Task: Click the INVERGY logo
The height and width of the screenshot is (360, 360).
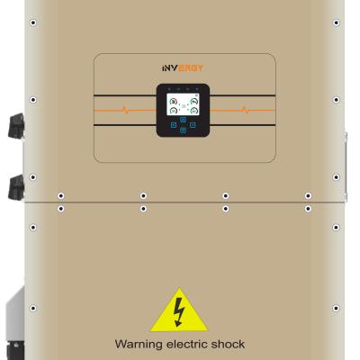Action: (x=183, y=68)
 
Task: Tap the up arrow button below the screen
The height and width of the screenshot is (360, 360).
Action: (x=183, y=120)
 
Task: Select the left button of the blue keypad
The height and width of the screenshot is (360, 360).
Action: (x=174, y=125)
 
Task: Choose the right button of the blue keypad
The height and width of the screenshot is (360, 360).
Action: (x=193, y=125)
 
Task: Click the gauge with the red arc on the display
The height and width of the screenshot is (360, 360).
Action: (x=174, y=102)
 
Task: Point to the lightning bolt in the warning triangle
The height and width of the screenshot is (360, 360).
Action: (x=179, y=312)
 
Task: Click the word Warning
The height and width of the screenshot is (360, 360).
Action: (x=139, y=344)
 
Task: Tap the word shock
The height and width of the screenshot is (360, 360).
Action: (x=228, y=344)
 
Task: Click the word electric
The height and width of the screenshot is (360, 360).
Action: (x=186, y=344)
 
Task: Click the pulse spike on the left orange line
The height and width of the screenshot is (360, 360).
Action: (x=125, y=110)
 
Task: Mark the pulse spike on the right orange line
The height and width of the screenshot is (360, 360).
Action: (x=245, y=110)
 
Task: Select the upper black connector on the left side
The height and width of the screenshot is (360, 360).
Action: (x=16, y=126)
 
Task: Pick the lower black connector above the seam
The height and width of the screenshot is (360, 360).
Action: (x=16, y=187)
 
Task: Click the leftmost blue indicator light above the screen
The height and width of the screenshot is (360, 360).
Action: (x=169, y=89)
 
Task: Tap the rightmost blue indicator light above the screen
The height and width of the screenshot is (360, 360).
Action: (x=197, y=89)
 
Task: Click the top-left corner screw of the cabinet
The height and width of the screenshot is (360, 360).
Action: (x=33, y=22)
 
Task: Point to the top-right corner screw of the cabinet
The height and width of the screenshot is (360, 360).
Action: (x=336, y=22)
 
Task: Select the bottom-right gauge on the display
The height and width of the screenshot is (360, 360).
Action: (x=194, y=111)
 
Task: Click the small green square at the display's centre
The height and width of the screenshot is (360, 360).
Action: (x=184, y=106)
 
